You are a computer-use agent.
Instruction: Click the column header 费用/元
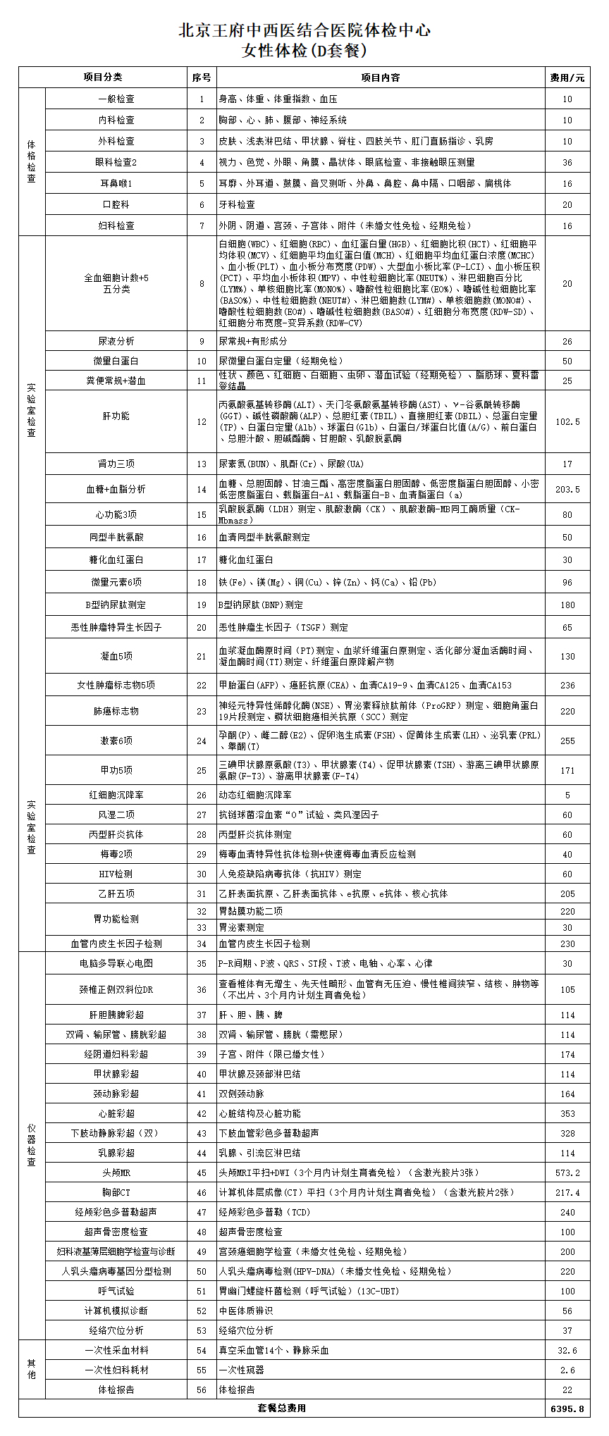point(567,78)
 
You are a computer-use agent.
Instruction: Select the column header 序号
point(202,78)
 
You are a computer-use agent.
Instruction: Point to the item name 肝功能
point(116,416)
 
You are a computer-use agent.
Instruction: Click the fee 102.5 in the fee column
point(567,421)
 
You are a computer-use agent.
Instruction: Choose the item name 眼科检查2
point(116,162)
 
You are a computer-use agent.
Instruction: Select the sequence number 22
point(202,685)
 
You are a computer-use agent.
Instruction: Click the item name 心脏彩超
point(116,1113)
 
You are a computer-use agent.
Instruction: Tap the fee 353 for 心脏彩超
point(567,1113)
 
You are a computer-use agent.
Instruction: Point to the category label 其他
point(32,1368)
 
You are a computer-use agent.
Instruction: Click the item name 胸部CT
point(116,1192)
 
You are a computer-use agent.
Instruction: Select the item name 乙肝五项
point(116,893)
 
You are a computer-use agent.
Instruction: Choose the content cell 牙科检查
point(237,204)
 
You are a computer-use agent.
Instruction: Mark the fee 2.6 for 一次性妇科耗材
point(567,1370)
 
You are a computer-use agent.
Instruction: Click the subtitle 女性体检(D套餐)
point(304,51)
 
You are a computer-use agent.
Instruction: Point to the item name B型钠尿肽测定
point(116,605)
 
